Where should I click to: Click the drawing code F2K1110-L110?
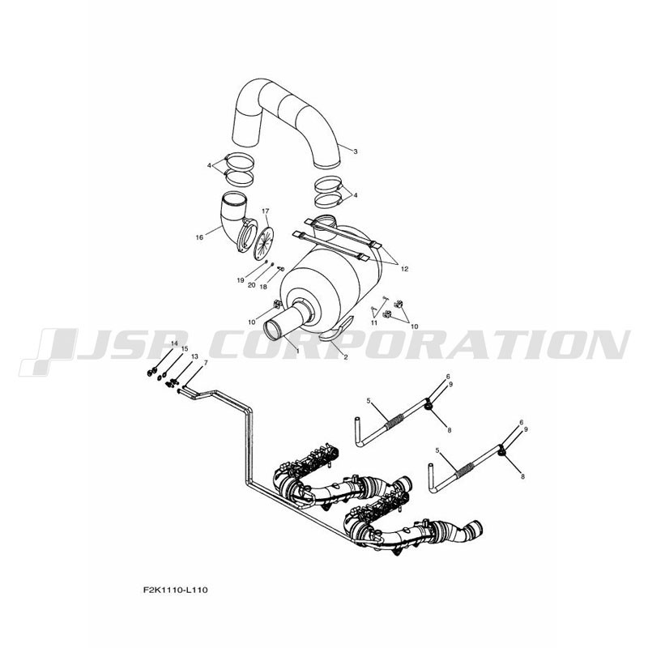point(176,590)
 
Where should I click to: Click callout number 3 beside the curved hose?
point(355,151)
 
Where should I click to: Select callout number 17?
point(265,211)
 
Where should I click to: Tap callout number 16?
point(199,237)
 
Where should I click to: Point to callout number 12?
point(404,269)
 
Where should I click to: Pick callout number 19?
point(240,280)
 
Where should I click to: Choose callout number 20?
point(251,285)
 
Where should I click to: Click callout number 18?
point(263,288)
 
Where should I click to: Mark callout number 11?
point(373,322)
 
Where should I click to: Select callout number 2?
point(346,357)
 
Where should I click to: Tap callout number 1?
point(297,352)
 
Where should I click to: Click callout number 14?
point(174,343)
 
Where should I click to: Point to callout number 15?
point(185,349)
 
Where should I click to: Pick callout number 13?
point(194,356)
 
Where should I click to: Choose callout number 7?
point(206,362)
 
